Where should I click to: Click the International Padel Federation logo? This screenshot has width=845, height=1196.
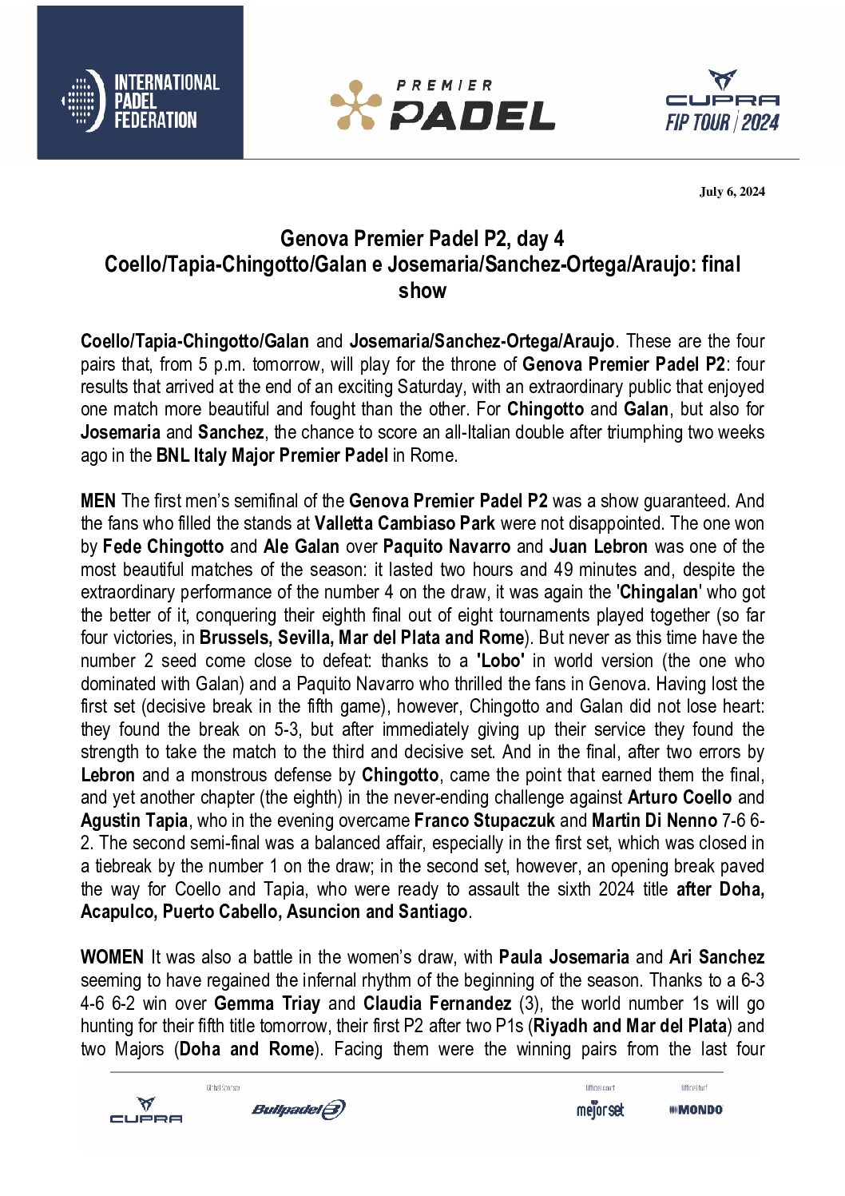point(141,101)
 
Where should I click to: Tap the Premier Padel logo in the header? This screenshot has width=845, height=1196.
point(442,105)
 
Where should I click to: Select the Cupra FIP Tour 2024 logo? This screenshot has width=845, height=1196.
point(722,102)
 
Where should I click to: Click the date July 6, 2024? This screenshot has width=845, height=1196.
point(732,191)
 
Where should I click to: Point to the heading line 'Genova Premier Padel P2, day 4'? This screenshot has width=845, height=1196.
point(422,238)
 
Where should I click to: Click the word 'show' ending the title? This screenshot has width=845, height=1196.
point(422,290)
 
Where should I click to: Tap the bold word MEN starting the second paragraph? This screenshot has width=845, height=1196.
point(98,501)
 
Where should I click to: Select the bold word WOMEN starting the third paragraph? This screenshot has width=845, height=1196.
point(112,957)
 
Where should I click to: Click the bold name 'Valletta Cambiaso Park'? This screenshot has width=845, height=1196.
point(404,524)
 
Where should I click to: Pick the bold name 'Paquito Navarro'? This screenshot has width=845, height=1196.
point(446,546)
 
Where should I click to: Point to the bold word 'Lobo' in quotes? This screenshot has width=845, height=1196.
point(501,661)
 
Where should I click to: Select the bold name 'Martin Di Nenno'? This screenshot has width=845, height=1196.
point(654,821)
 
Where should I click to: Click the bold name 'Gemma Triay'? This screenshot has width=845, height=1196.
point(267,1003)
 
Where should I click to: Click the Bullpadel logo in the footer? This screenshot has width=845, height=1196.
point(298,1109)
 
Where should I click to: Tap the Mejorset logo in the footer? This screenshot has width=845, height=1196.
point(600,1109)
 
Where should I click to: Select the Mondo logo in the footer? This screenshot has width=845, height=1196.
point(696,1109)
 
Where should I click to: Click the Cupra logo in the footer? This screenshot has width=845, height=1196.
point(145,1111)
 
